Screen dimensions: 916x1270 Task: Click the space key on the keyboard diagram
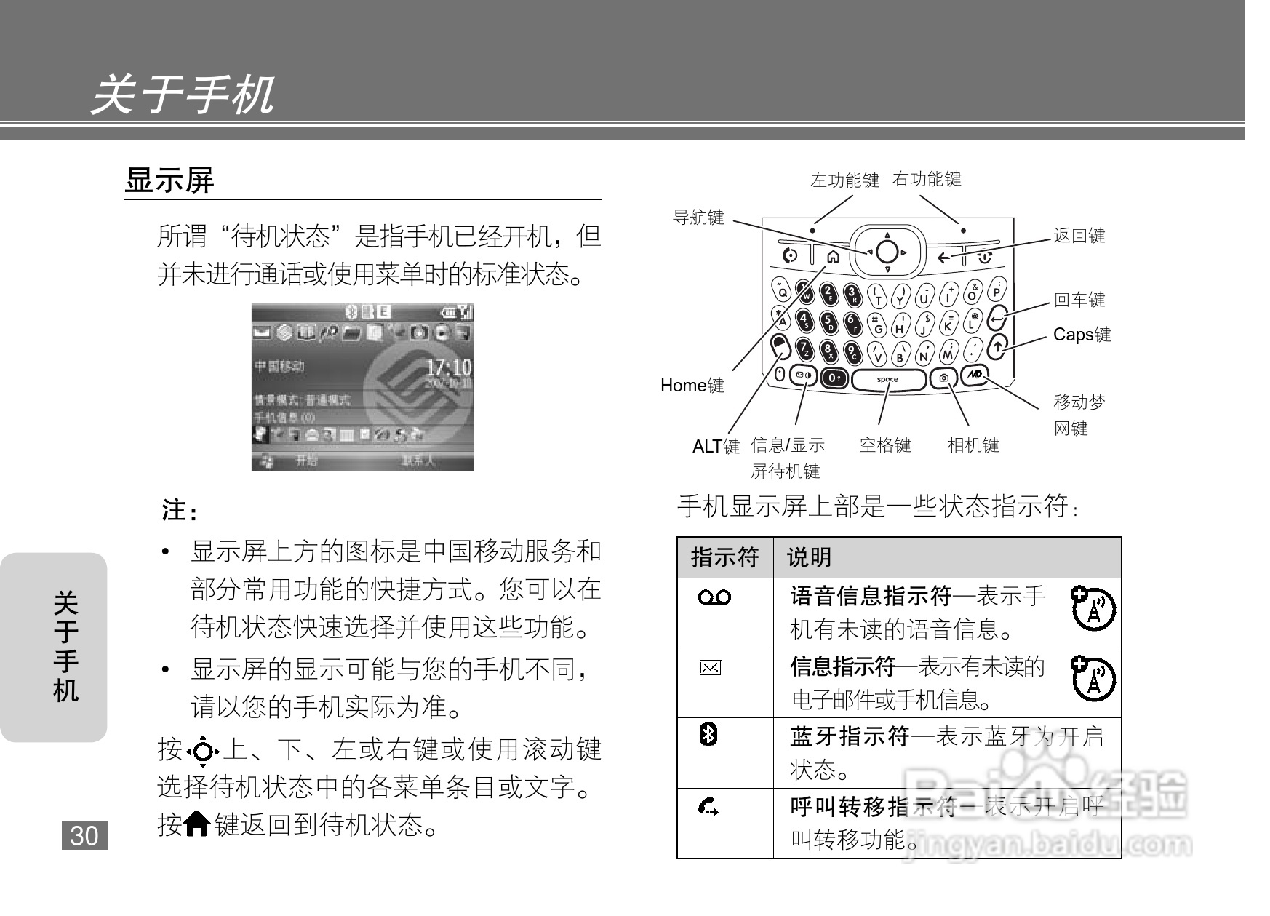(x=888, y=379)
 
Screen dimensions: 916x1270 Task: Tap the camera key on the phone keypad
(x=944, y=378)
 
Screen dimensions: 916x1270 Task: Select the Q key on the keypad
(x=782, y=291)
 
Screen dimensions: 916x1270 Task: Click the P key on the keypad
(x=997, y=290)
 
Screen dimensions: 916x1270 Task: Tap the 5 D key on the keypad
(x=828, y=322)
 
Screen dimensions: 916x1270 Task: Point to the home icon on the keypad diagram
(x=833, y=256)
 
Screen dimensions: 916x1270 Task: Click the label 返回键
(x=1079, y=236)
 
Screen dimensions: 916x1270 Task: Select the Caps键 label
(x=1082, y=335)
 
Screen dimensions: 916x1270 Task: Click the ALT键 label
(x=716, y=446)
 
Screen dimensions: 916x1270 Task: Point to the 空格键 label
(x=885, y=445)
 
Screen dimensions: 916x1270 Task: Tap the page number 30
(x=84, y=836)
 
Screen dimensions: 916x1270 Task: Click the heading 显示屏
(x=169, y=180)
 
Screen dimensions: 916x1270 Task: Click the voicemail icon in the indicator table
(x=714, y=597)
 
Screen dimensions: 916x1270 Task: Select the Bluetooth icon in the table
(x=708, y=734)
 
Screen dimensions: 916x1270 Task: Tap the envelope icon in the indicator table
(x=710, y=668)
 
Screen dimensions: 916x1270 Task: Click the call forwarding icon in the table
(x=708, y=806)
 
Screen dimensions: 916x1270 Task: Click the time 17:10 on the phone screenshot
(x=448, y=367)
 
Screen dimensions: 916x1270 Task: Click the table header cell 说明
(x=809, y=558)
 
